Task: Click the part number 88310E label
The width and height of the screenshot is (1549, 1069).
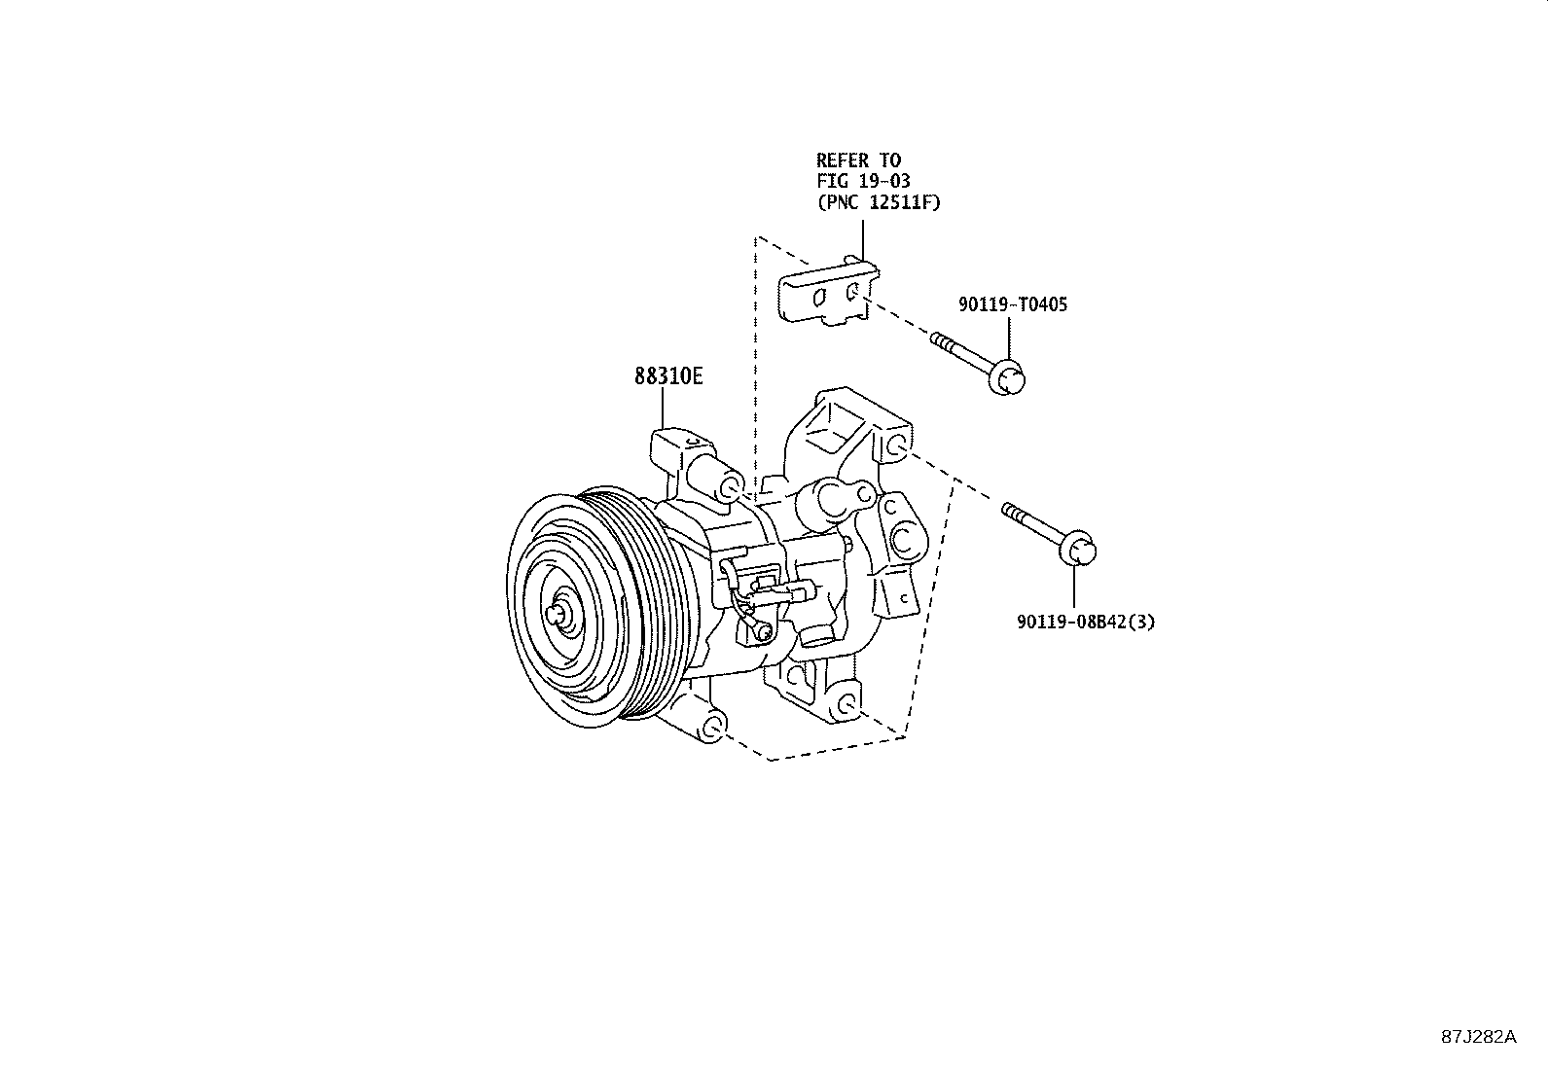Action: click(667, 376)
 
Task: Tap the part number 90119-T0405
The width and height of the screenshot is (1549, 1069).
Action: click(1012, 305)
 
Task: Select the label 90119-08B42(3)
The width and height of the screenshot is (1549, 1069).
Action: click(1086, 623)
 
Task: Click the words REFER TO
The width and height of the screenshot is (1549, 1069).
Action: click(858, 160)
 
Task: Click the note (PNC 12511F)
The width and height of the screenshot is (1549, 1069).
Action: click(879, 203)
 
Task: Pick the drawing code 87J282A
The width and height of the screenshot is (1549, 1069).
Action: click(1478, 1037)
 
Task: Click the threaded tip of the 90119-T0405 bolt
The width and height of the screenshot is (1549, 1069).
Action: click(940, 341)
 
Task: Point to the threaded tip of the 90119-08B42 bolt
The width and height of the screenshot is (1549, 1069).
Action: click(1012, 511)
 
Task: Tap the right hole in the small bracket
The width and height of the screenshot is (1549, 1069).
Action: click(852, 291)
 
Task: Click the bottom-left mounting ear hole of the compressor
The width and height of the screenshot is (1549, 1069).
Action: click(713, 727)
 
